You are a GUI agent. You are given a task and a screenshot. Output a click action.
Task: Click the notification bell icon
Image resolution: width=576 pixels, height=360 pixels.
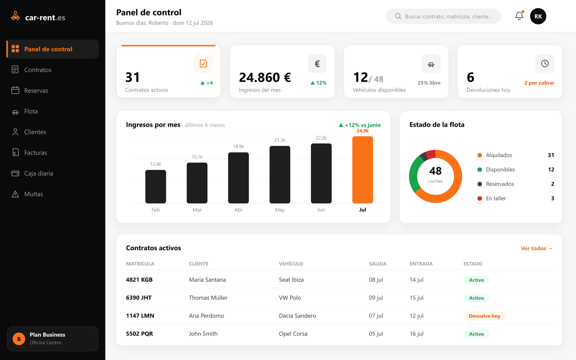[519, 16]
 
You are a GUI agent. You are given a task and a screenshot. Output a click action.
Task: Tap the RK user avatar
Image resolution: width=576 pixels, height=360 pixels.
[538, 16]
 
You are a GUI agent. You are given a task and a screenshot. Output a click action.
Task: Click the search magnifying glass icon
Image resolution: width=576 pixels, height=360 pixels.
[398, 16]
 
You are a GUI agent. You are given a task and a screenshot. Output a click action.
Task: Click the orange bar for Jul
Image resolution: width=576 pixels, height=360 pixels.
[363, 170]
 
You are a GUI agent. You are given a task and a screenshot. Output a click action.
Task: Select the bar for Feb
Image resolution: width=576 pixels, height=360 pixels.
[156, 186]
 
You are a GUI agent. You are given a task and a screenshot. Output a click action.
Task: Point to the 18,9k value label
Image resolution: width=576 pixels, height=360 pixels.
[238, 146]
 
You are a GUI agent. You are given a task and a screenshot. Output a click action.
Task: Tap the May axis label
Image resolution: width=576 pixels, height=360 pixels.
[280, 210]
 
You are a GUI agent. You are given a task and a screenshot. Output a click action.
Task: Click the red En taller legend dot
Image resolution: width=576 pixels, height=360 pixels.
[480, 198]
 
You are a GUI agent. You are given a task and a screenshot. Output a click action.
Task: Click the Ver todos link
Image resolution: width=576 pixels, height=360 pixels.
[537, 248]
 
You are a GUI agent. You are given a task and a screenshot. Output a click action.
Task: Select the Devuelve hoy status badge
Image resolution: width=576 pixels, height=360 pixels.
[485, 316]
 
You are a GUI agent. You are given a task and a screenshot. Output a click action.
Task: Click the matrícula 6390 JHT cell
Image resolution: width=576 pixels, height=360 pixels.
[139, 297]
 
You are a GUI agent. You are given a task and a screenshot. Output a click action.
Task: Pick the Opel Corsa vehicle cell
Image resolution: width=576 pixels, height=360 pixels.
[293, 333]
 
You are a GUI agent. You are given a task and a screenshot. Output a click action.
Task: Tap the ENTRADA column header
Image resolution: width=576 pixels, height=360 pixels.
[421, 264]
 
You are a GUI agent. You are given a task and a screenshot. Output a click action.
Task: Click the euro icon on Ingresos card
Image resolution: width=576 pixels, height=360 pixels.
[317, 63]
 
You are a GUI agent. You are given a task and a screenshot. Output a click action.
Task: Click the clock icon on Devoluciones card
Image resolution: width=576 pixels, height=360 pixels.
[545, 63]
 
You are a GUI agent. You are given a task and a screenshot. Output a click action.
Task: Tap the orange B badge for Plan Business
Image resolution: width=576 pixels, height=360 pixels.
[19, 339]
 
